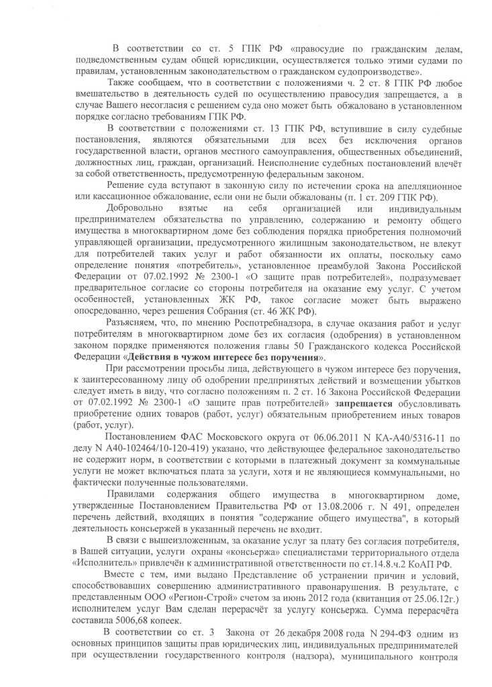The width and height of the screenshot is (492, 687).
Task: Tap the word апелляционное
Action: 425,185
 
